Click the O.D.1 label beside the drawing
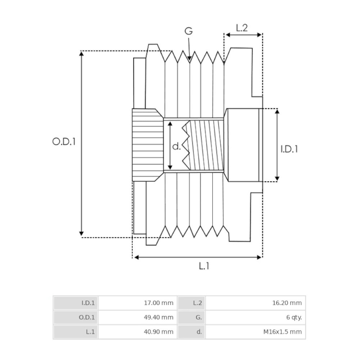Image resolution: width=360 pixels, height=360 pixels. point(64,141)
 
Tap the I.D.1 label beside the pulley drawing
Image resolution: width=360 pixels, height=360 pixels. point(290,149)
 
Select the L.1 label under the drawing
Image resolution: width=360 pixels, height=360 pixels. point(204,266)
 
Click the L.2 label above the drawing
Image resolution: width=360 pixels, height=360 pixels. point(242,28)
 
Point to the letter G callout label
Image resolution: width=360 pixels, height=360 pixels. point(189,31)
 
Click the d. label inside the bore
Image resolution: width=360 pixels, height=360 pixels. point(176,146)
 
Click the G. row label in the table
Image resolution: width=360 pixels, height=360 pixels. point(191,318)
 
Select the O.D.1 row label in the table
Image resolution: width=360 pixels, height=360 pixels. point(76,318)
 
